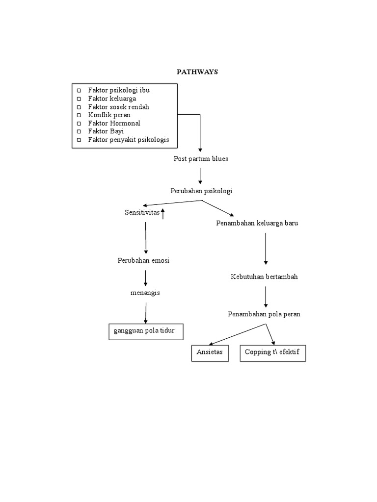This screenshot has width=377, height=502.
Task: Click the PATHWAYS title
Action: click(197, 72)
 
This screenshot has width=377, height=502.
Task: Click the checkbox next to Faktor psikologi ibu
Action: click(79, 90)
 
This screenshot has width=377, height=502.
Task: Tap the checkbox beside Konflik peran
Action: click(79, 115)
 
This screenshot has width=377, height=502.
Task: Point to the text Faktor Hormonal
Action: click(114, 123)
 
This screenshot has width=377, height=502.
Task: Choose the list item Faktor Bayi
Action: click(107, 131)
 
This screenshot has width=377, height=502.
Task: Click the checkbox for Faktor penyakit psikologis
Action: click(79, 140)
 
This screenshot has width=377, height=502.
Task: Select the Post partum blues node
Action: click(200, 159)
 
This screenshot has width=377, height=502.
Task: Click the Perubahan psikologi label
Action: click(201, 191)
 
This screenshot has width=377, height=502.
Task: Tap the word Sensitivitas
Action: click(142, 212)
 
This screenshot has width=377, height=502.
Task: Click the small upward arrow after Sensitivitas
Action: click(163, 213)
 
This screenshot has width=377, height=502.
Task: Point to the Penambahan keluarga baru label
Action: click(257, 223)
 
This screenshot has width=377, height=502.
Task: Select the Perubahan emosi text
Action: click(143, 260)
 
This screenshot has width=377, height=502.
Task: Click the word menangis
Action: click(145, 293)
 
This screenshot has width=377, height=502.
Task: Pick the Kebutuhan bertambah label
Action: click(264, 276)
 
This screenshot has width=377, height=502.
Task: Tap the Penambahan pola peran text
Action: click(264, 314)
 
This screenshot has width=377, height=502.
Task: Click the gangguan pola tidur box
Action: click(145, 331)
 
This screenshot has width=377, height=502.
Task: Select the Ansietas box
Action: click(210, 353)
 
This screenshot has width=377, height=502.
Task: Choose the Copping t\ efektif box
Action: click(272, 353)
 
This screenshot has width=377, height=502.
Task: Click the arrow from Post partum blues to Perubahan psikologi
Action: click(200, 175)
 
